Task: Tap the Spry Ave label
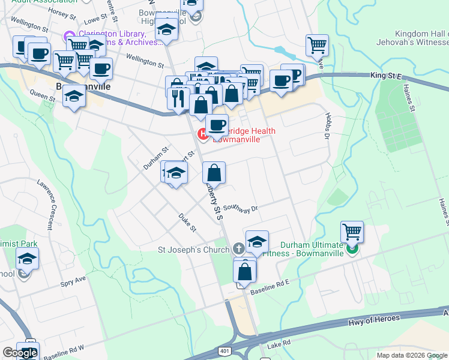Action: tap(73, 280)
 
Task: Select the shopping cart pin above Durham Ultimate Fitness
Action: tap(352, 232)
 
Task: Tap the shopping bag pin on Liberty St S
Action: tap(214, 173)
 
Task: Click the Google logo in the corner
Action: tap(20, 353)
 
